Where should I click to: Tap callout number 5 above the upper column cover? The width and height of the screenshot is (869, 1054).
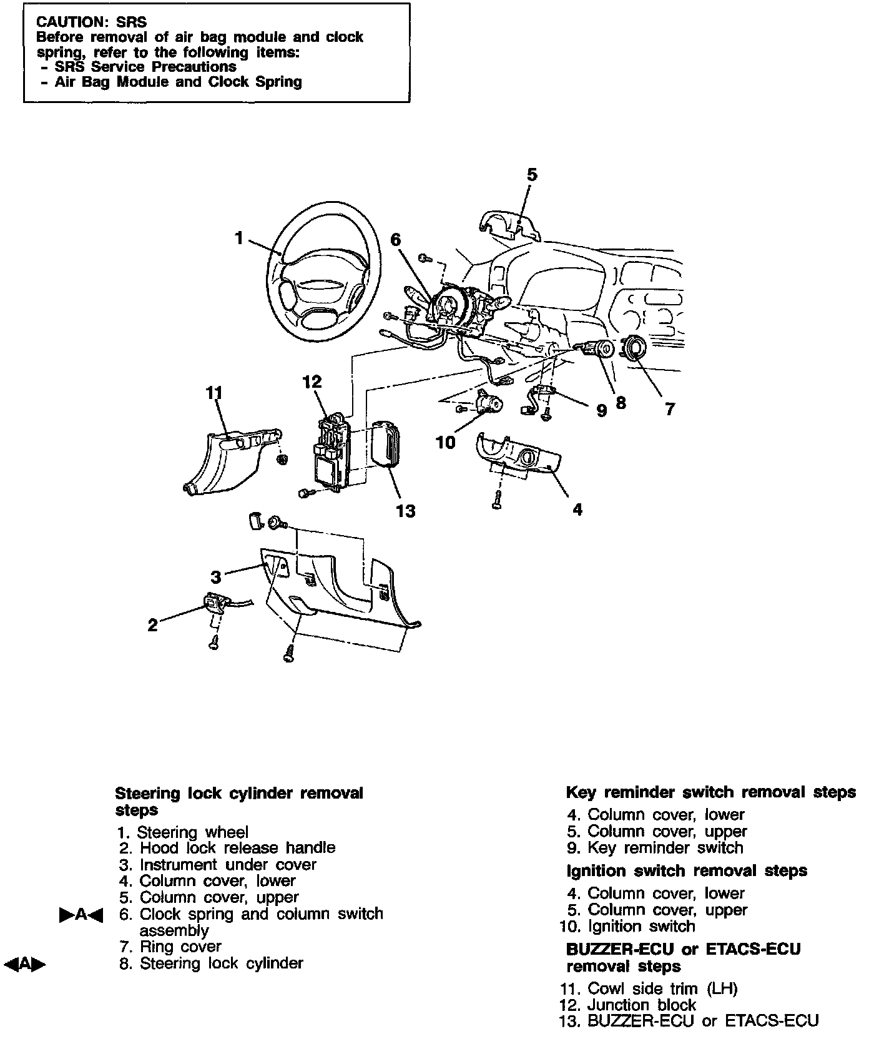(x=531, y=175)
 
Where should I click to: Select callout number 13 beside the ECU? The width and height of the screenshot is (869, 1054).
(x=406, y=511)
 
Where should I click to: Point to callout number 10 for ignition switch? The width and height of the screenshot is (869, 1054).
(x=446, y=443)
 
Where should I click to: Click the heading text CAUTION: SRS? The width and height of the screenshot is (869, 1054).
(x=92, y=23)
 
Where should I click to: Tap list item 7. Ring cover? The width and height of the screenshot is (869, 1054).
(x=170, y=947)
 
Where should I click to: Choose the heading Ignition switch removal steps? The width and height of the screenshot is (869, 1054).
(x=687, y=870)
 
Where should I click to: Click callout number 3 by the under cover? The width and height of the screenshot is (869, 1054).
(x=215, y=576)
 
